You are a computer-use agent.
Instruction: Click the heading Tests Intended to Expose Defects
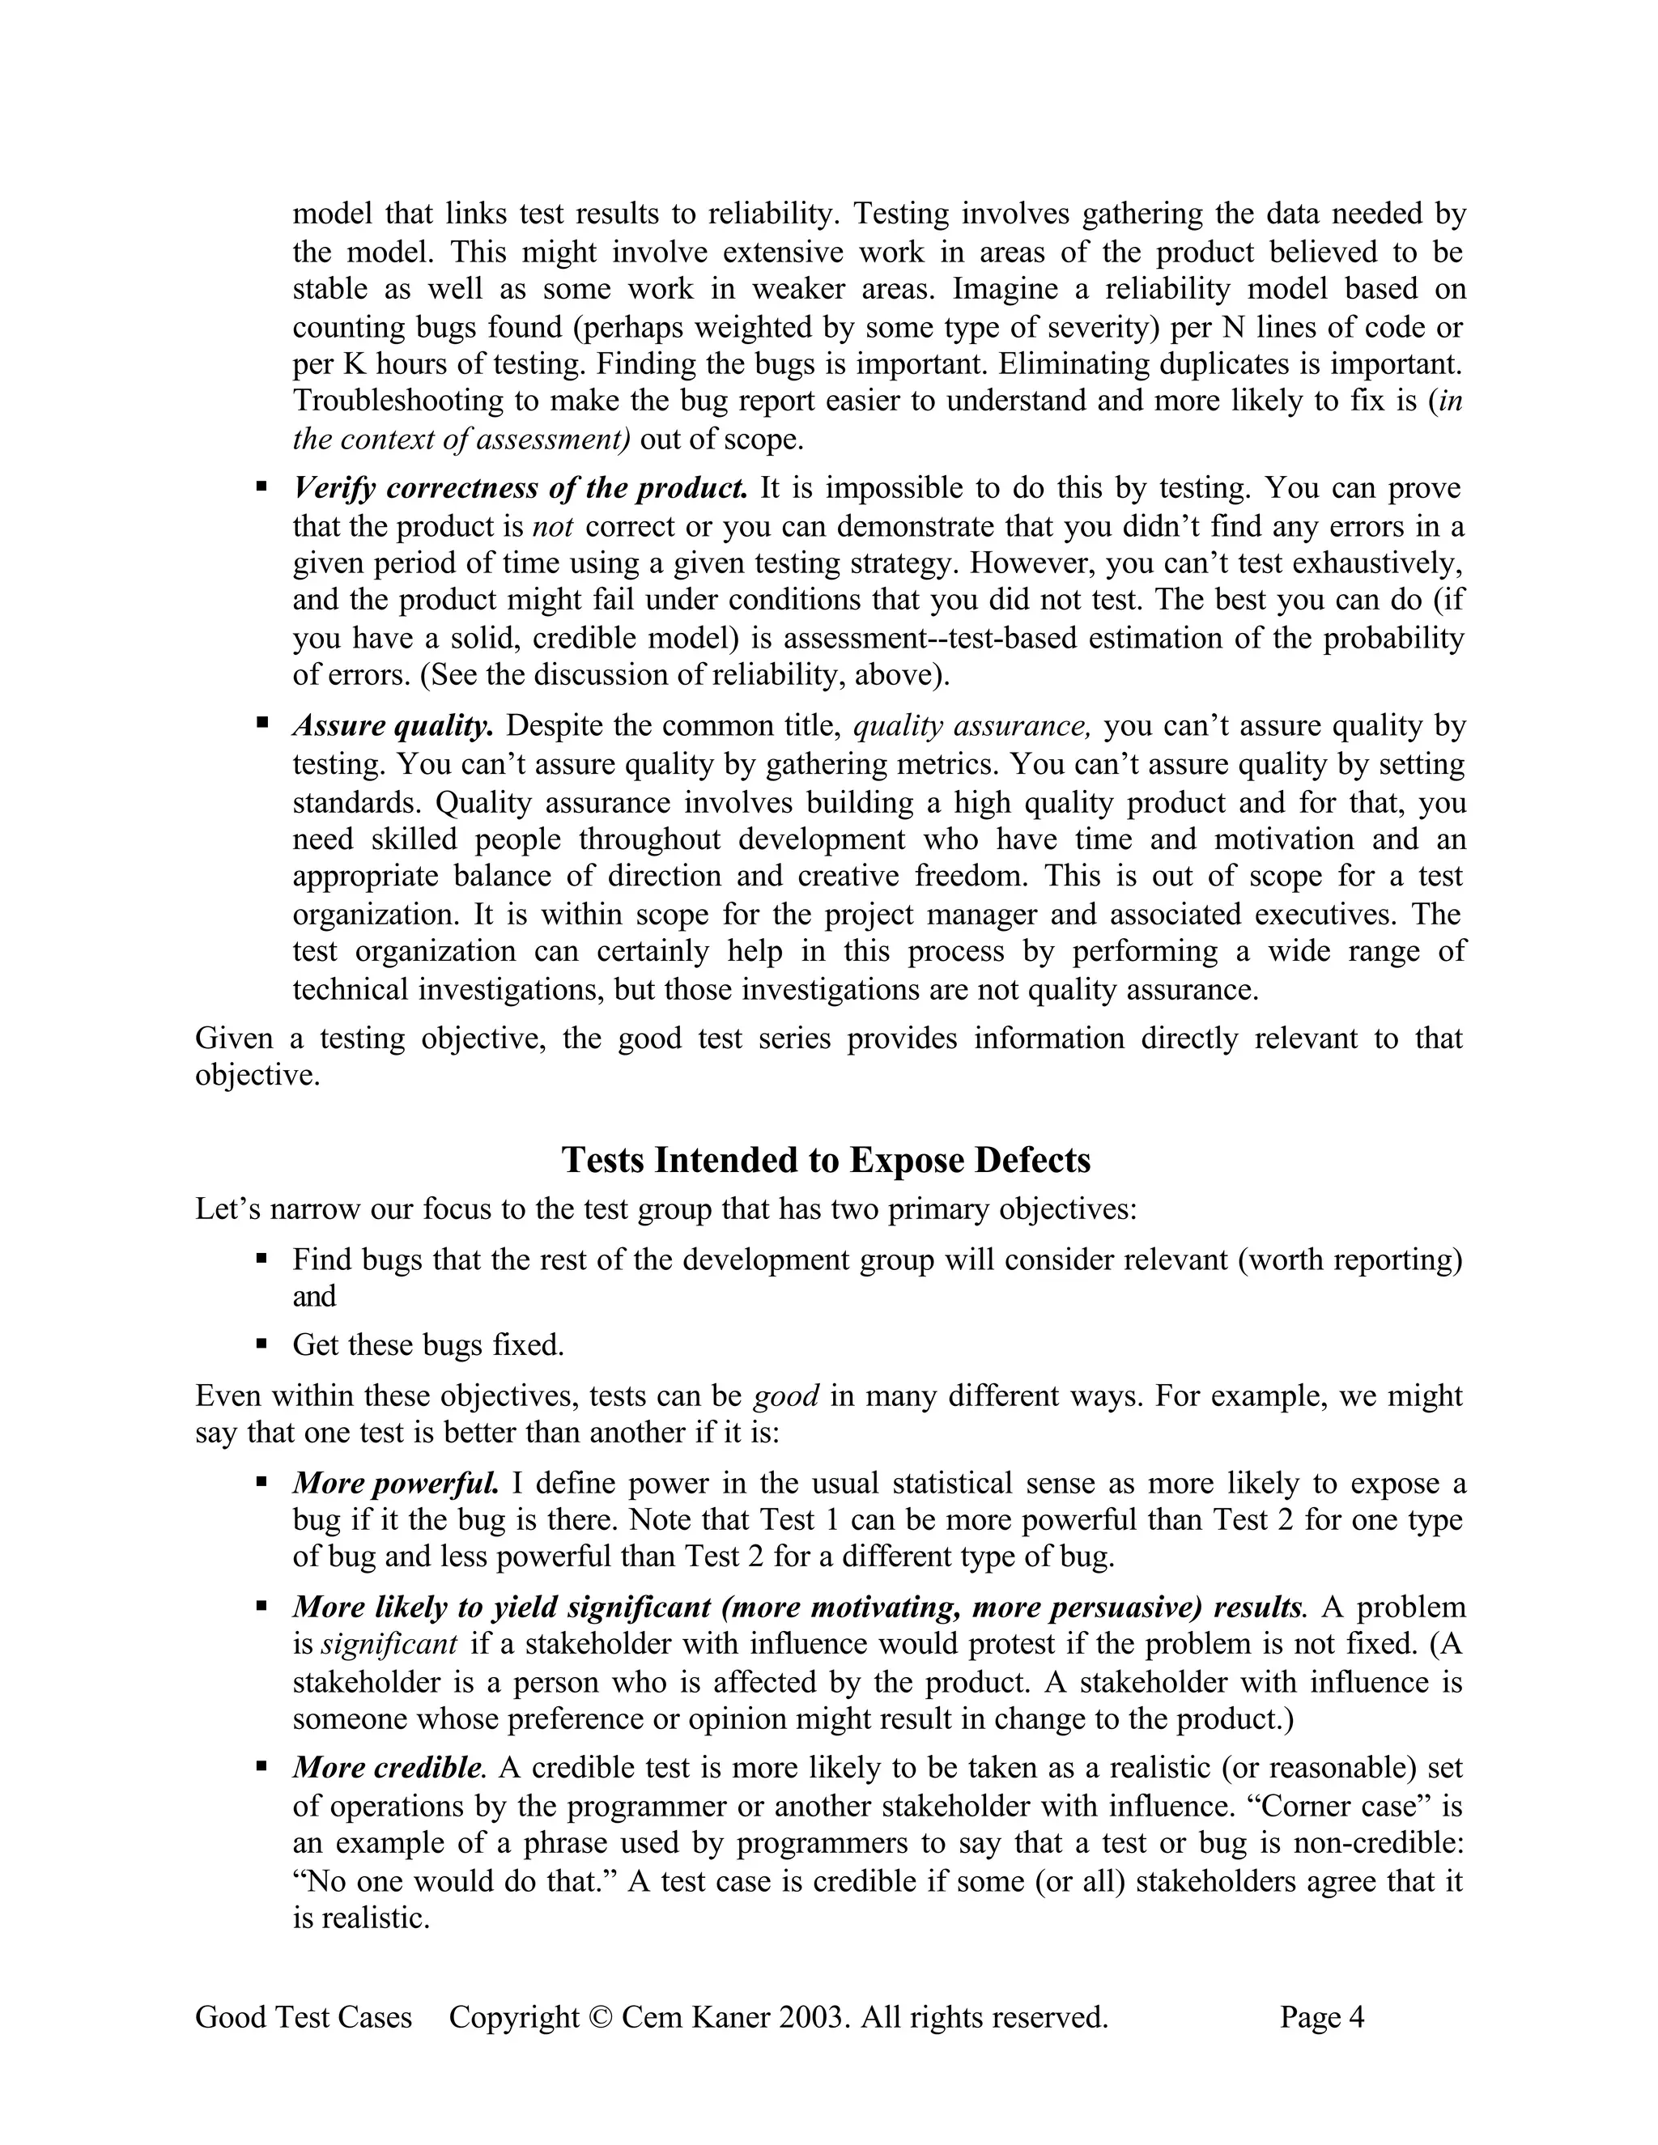tap(825, 1160)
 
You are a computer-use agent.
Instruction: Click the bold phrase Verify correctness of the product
tap(520, 488)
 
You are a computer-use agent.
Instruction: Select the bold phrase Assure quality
tap(392, 726)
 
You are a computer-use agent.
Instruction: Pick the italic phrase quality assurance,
tap(971, 726)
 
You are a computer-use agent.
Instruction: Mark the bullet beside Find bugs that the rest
tap(261, 1258)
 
